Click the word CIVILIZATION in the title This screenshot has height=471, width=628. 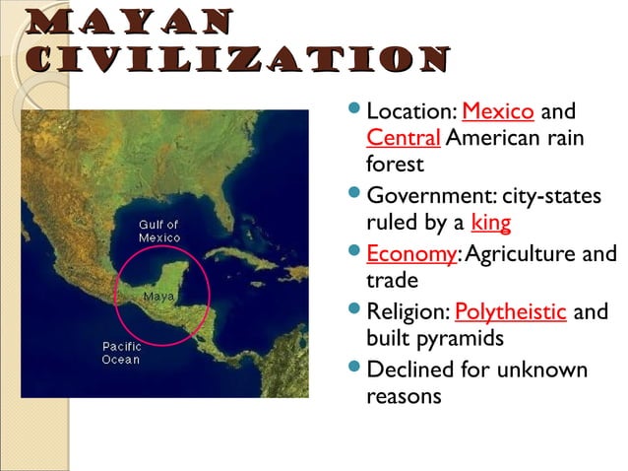click(225, 60)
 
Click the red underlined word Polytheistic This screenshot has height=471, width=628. click(510, 313)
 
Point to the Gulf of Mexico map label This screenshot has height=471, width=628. click(158, 232)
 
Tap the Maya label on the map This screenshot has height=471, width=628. click(158, 296)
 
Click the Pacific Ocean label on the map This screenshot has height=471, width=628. click(121, 353)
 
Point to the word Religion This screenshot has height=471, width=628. click(407, 313)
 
